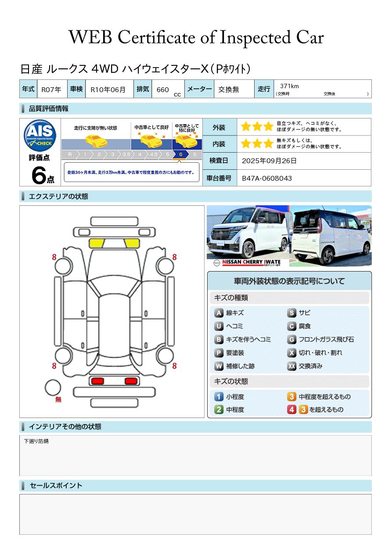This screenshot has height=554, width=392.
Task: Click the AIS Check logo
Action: pyautogui.click(x=40, y=136)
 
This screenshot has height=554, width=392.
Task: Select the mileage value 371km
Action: pyautogui.click(x=289, y=86)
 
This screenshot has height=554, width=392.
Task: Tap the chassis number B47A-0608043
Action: pyautogui.click(x=267, y=179)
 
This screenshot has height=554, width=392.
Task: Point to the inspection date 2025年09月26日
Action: pyautogui.click(x=269, y=161)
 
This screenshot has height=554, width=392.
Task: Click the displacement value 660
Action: pyautogui.click(x=162, y=89)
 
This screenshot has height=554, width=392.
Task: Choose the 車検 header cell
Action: pyautogui.click(x=76, y=89)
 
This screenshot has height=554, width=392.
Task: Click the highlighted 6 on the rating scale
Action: pyautogui.click(x=181, y=154)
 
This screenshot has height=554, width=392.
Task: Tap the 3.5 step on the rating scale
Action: pyautogui.click(x=126, y=154)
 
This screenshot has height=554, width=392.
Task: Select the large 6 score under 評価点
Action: pyautogui.click(x=39, y=175)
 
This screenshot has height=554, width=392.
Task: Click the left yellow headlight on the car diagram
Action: pyautogui.click(x=97, y=243)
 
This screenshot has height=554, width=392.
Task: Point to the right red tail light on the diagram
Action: pyautogui.click(x=131, y=381)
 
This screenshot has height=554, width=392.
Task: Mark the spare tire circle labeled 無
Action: pyautogui.click(x=53, y=388)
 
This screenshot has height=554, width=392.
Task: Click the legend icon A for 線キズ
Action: pyautogui.click(x=219, y=313)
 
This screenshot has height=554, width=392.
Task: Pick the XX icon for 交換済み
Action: pyautogui.click(x=292, y=366)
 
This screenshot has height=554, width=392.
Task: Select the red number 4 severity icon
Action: pyautogui.click(x=292, y=410)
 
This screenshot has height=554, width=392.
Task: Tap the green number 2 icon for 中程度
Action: pyautogui.click(x=219, y=410)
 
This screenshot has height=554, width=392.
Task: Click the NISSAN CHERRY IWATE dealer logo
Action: pyautogui.click(x=248, y=262)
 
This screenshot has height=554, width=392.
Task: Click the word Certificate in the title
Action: pyautogui.click(x=156, y=38)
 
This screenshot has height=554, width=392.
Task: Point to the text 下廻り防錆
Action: pyautogui.click(x=36, y=441)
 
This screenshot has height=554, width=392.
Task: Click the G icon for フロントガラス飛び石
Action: pyautogui.click(x=292, y=340)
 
